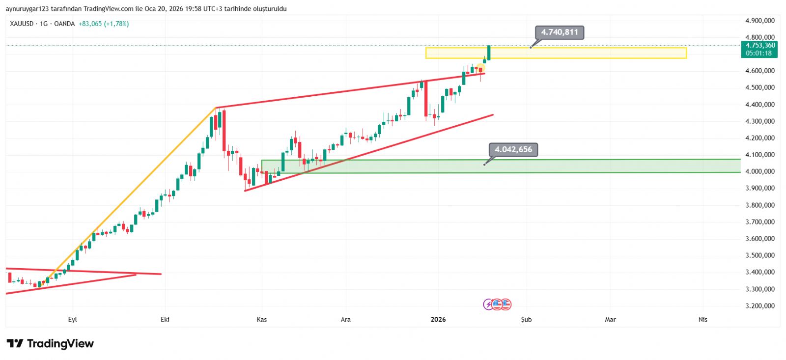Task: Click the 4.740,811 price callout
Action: [560, 32]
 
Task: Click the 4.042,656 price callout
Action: [513, 150]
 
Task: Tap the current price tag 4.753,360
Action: [760, 45]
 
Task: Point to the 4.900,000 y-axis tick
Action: [759, 21]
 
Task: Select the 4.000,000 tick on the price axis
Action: [759, 171]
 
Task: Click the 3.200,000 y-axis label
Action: [759, 306]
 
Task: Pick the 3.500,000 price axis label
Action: [759, 255]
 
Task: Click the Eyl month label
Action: [73, 320]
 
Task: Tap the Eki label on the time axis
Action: [165, 320]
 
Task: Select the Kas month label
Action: [262, 320]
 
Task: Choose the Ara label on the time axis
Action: [346, 320]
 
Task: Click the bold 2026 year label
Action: [438, 320]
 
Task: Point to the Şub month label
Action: [526, 320]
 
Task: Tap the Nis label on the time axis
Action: [703, 320]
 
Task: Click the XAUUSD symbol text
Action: [22, 24]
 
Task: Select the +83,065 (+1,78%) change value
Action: [104, 24]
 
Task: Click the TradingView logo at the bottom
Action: [50, 344]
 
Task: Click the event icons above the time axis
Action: [497, 305]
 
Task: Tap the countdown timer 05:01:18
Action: [758, 53]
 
